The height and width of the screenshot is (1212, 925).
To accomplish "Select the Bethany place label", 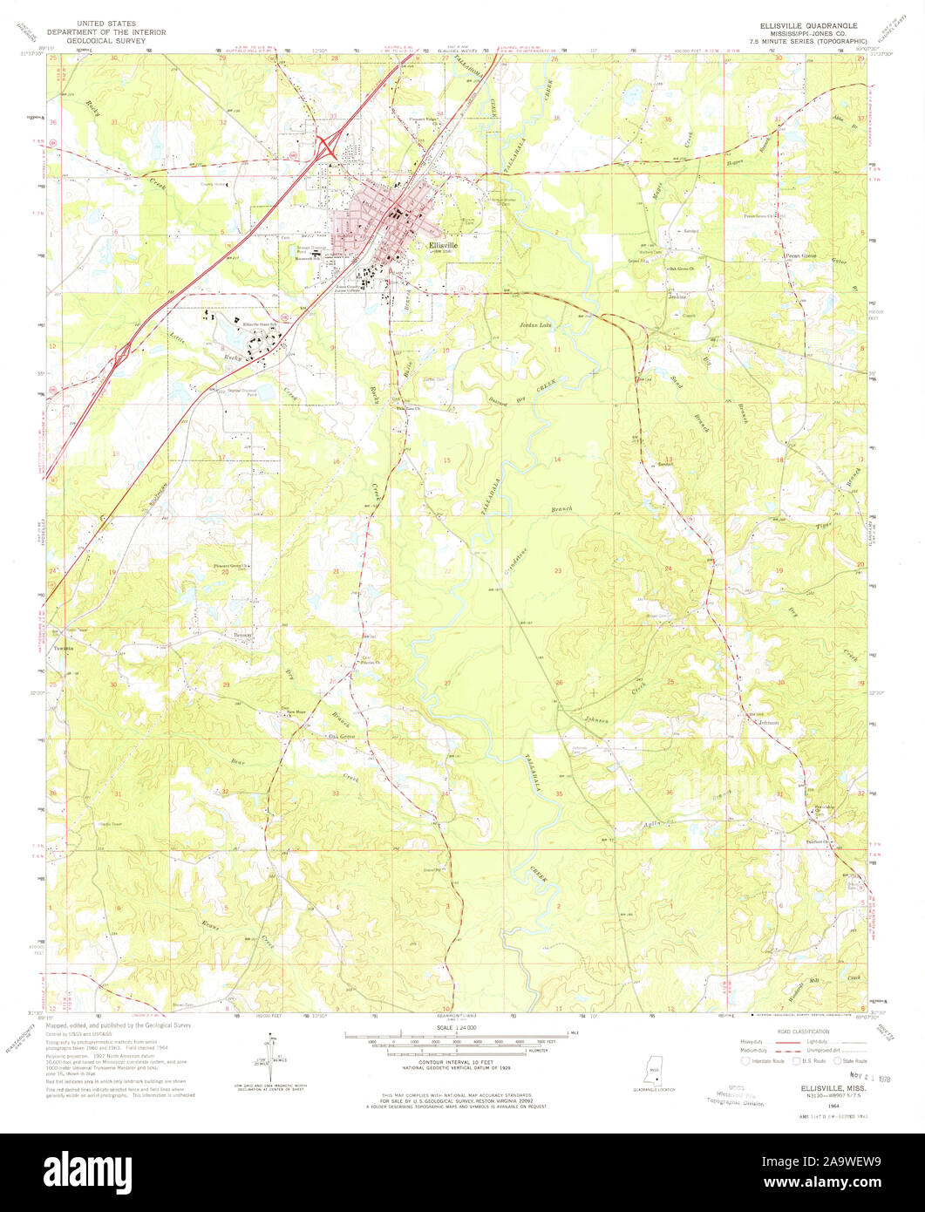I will point(243,635).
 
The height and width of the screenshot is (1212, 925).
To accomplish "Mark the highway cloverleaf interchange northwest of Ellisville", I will point(328,145).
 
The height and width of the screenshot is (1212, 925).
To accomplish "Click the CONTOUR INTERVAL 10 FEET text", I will point(456,1061).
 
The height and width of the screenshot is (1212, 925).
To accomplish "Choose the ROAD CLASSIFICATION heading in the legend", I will point(803,1031).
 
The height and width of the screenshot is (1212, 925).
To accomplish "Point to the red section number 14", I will point(555,459).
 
